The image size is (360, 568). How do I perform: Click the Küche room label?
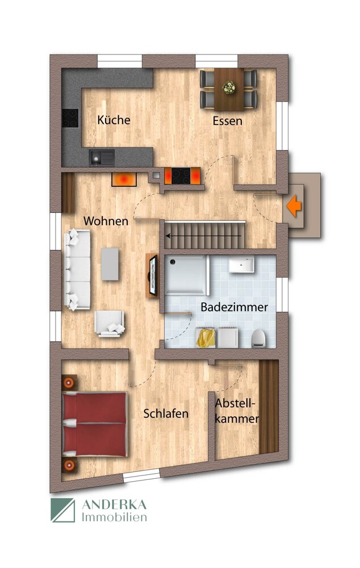114,120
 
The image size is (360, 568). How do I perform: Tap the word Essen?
228,121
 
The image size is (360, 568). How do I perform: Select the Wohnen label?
106,221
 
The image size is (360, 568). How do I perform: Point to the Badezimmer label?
234,307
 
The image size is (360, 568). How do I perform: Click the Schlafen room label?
166,414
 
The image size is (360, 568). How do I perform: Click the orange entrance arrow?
294,205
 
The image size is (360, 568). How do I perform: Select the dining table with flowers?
229,89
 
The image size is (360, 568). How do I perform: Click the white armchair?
110,324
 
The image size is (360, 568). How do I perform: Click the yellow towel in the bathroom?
204,338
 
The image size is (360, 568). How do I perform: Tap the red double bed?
95,424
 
